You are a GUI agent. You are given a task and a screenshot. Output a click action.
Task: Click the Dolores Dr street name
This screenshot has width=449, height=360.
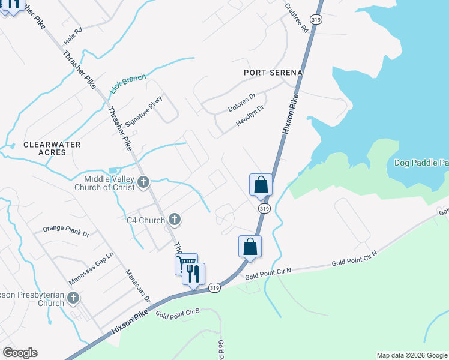pyautogui.click(x=242, y=103)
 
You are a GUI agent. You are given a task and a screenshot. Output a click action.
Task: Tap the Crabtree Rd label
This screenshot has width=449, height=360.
pyautogui.click(x=298, y=19)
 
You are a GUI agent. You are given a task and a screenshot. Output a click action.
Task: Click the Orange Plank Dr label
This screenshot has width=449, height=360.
pyautogui.click(x=65, y=230)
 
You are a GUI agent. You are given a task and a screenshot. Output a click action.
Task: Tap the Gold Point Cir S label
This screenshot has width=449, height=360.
pyautogui.click(x=177, y=313)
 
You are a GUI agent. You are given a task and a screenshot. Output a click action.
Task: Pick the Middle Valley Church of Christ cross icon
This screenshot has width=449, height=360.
pyautogui.click(x=143, y=182)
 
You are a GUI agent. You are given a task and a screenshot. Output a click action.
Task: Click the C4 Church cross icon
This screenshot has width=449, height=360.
pyautogui.click(x=174, y=220)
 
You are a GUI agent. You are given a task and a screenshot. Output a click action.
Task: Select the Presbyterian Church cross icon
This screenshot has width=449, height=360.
pyautogui.click(x=73, y=298)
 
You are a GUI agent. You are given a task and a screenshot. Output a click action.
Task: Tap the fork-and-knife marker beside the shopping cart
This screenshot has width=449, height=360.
pyautogui.click(x=193, y=274)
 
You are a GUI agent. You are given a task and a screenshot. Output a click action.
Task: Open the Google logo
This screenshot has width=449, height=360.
pyautogui.click(x=20, y=353)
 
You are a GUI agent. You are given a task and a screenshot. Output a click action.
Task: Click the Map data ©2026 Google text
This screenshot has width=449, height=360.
pyautogui.click(x=411, y=355)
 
